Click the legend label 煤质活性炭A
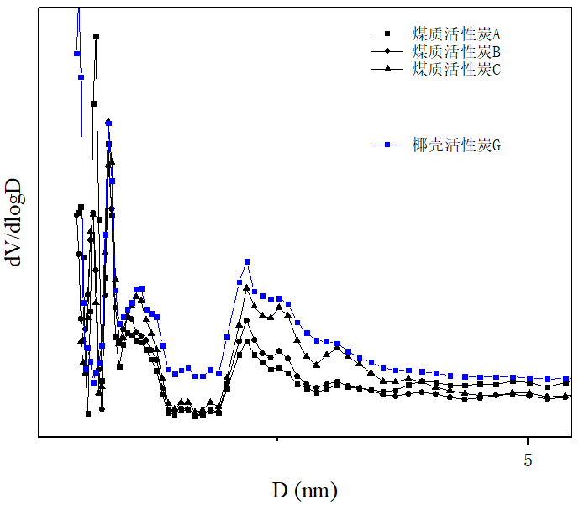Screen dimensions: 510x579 (456, 34)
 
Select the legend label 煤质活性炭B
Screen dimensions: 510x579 (456, 52)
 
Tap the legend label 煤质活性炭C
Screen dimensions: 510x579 (456, 70)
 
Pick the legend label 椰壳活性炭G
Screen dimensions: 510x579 (456, 145)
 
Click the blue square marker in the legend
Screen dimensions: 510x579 (387, 145)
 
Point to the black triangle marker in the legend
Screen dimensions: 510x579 (387, 69)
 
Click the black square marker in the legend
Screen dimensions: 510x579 (387, 34)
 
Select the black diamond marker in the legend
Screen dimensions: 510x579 (387, 51)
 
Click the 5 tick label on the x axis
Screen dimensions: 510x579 (528, 460)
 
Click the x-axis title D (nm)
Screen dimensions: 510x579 (304, 490)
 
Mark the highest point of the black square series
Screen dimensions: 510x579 (96, 36)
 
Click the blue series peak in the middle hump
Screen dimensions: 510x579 (247, 262)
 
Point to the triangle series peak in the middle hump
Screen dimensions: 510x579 (246, 287)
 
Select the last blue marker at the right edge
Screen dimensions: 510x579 (566, 379)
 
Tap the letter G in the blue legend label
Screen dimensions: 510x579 (497, 146)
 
